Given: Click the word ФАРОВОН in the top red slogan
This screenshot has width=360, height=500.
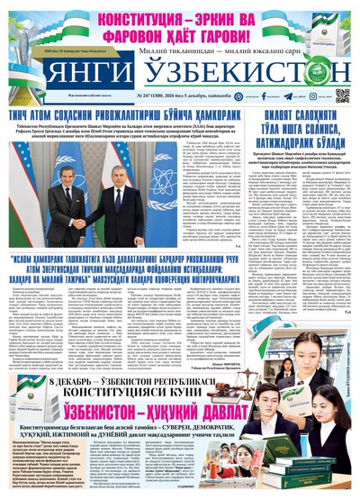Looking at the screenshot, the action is click(x=116, y=35).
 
